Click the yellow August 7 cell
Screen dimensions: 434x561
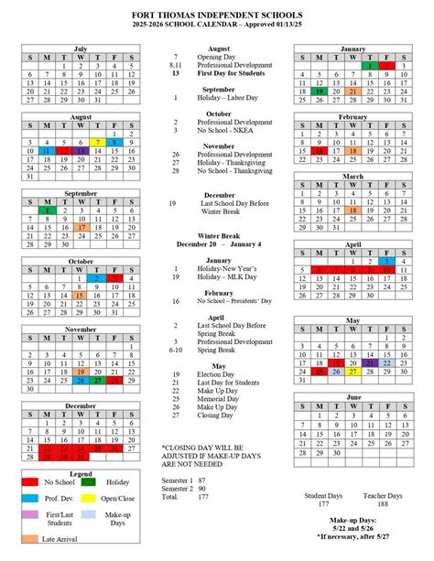[x=97, y=143]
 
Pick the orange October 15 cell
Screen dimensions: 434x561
[x=80, y=296]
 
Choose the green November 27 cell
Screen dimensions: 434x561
[x=97, y=381]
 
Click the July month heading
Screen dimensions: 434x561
[x=80, y=49]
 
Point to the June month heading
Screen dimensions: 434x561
[x=353, y=397]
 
